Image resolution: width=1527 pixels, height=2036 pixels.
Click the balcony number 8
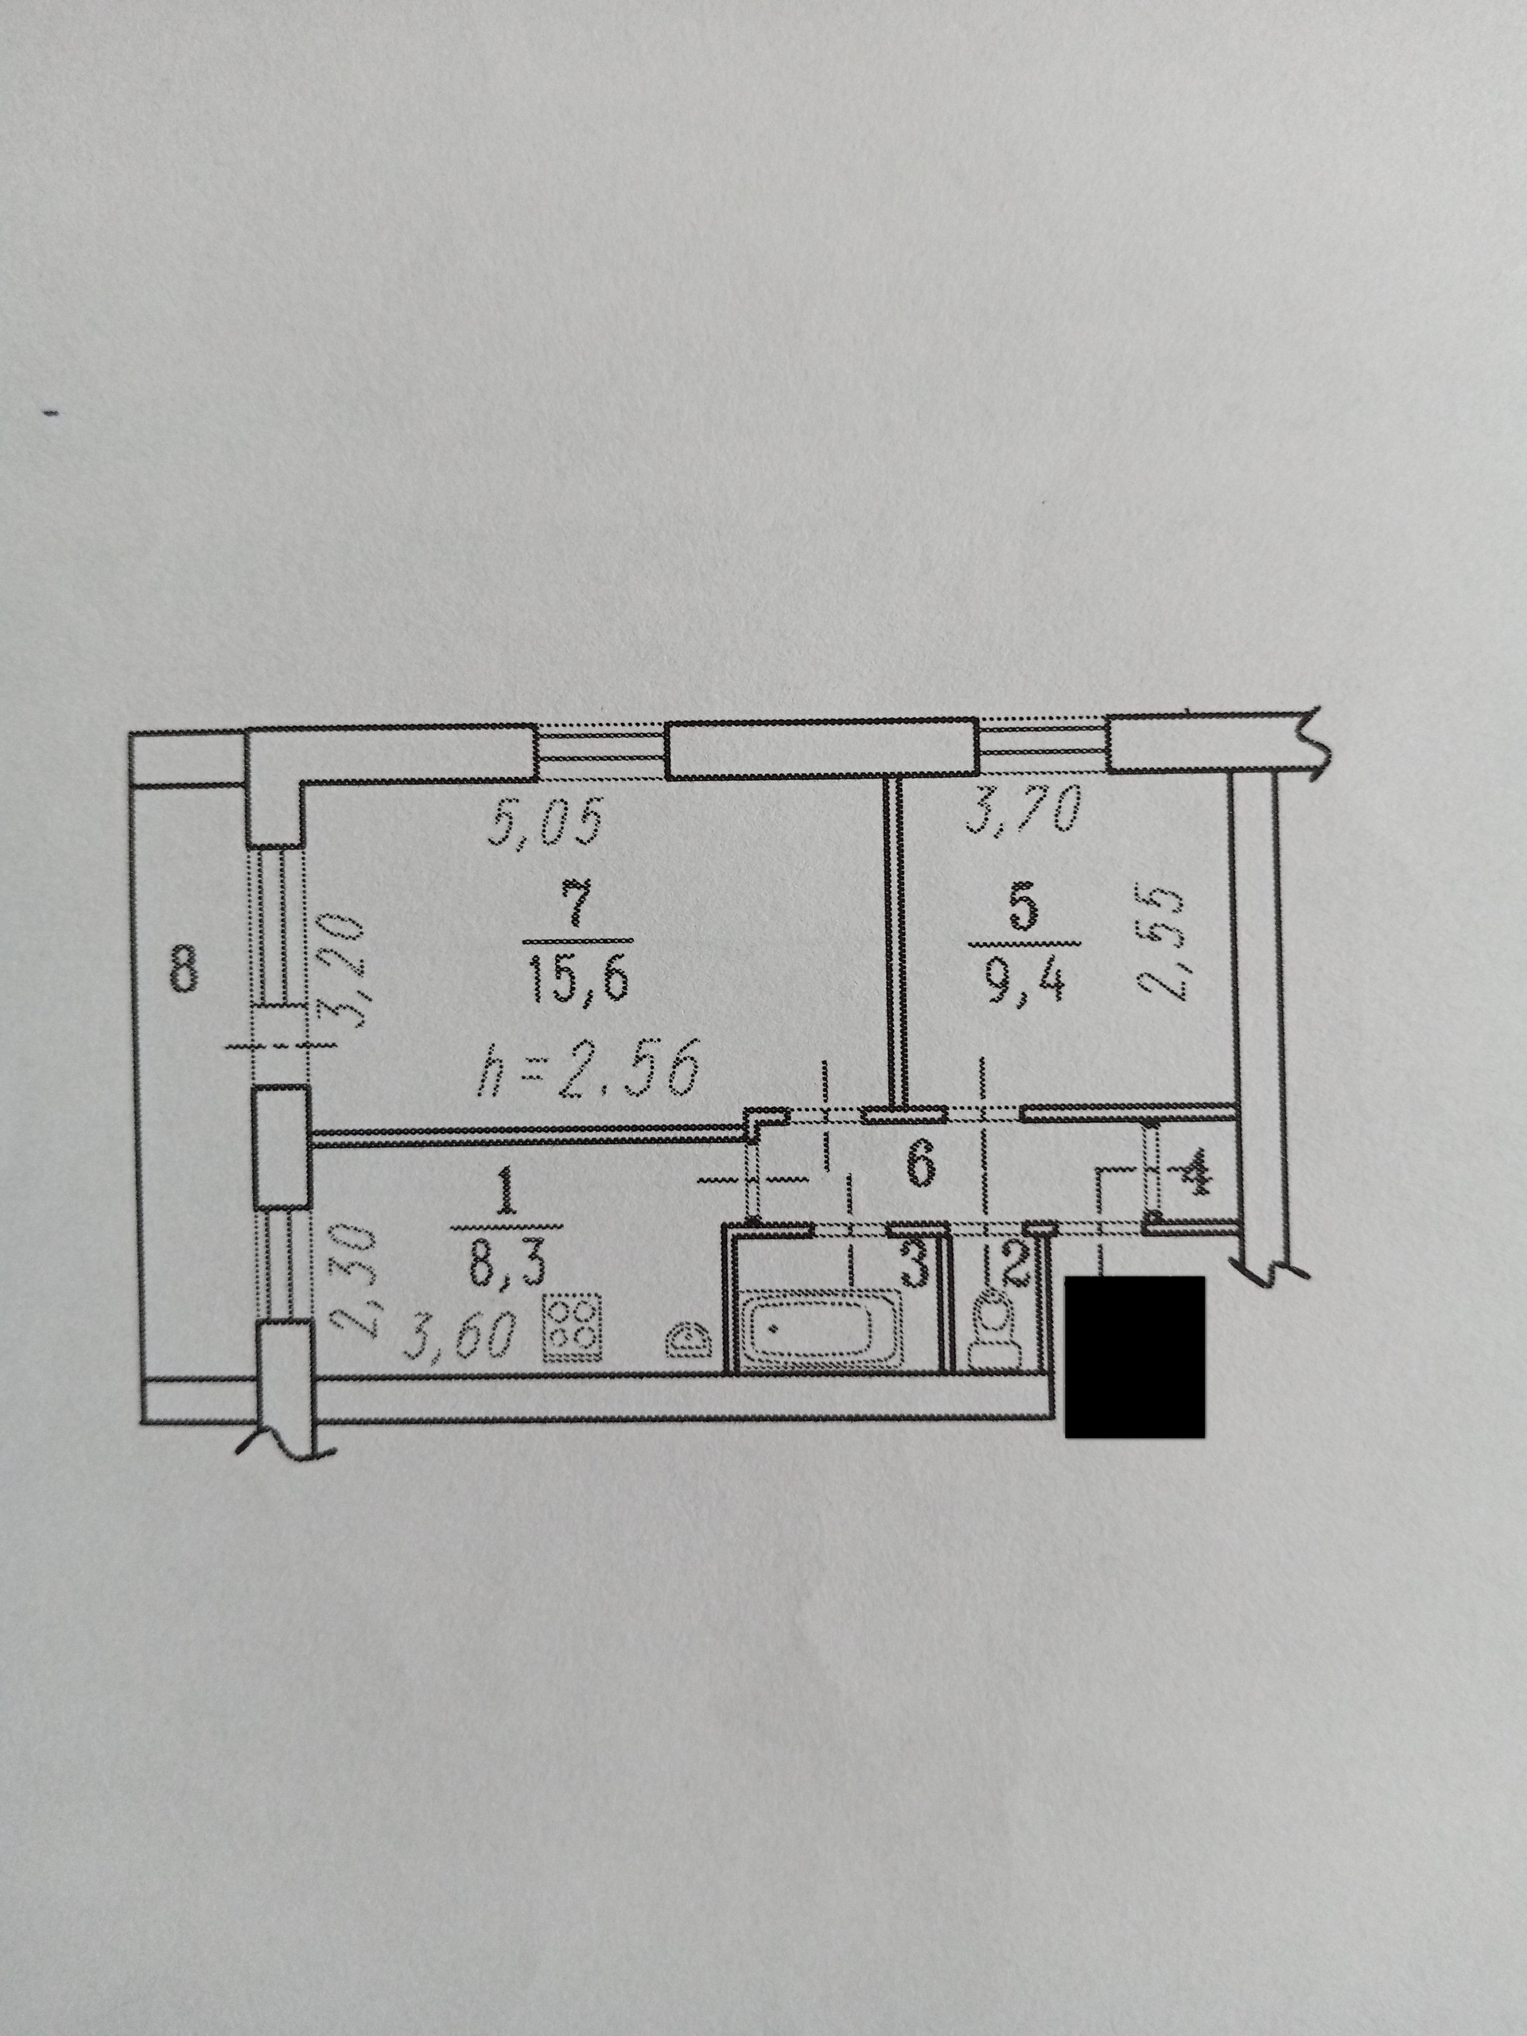coord(183,969)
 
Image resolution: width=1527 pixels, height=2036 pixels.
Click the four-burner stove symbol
coord(573,1327)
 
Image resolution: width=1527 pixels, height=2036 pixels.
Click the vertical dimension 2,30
coord(353,1280)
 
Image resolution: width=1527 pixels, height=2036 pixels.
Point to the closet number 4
coord(1194,1176)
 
